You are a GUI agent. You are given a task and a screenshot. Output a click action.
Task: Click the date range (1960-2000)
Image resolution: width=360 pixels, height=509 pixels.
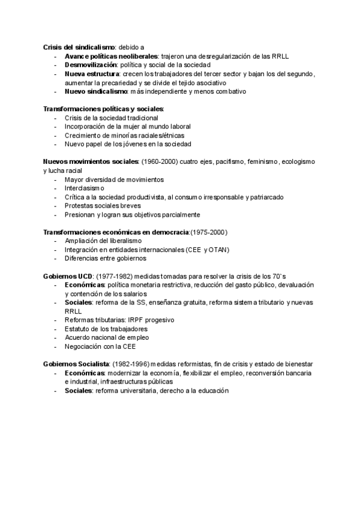pyautogui.click(x=161, y=162)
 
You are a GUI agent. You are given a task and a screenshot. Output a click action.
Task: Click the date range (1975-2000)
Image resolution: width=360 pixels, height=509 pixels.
pyautogui.click(x=209, y=232)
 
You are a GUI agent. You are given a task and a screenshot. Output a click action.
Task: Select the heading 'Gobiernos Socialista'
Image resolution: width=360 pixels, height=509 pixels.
pyautogui.click(x=76, y=364)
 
